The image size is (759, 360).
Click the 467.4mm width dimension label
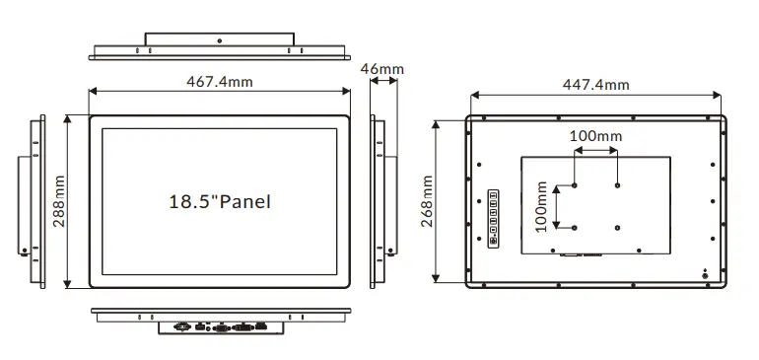pyautogui.click(x=219, y=82)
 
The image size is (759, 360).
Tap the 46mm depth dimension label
pyautogui.click(x=381, y=69)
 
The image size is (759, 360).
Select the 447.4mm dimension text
pyautogui.click(x=596, y=85)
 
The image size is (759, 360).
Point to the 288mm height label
pyautogui.click(x=59, y=201)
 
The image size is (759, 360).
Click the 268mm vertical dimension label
pyautogui.click(x=427, y=201)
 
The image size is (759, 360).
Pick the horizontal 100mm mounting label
pyautogui.click(x=595, y=136)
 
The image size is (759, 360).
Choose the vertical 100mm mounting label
pyautogui.click(x=541, y=207)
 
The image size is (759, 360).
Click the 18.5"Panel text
pyautogui.click(x=219, y=201)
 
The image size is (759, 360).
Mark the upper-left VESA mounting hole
pyautogui.click(x=574, y=185)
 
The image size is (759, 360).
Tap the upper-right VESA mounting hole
pyautogui.click(x=617, y=185)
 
